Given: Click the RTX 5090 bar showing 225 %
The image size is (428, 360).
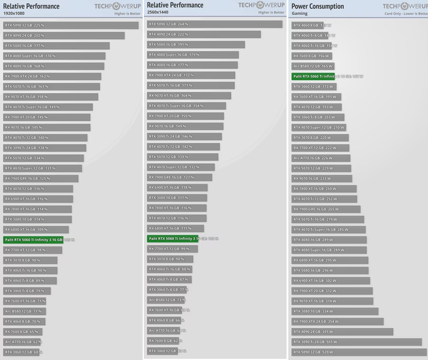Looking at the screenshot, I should (x=71, y=25).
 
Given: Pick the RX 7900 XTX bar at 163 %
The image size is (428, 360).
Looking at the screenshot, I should (x=52, y=76).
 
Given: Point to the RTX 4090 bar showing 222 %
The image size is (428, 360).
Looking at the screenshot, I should (x=204, y=34).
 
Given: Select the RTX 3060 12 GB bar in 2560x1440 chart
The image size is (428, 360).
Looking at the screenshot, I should (x=162, y=351).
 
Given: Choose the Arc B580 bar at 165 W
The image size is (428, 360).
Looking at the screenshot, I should (x=312, y=66).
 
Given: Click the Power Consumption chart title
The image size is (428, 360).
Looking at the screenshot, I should (x=318, y=7).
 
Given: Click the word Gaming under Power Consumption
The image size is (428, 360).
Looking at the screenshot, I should (x=300, y=13).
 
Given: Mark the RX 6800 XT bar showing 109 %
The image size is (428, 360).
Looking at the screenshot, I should (x=36, y=230).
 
